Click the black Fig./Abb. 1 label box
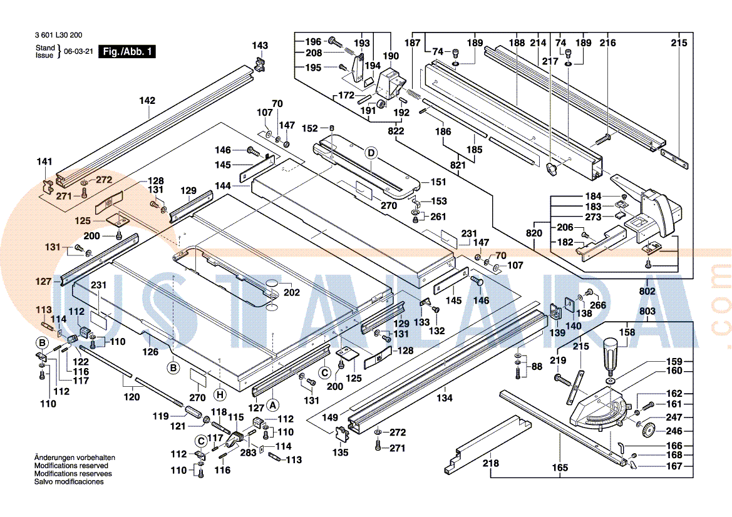click(x=128, y=52)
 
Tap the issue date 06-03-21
click(x=78, y=52)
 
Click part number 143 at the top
click(x=260, y=46)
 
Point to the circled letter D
click(x=371, y=153)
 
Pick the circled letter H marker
click(x=219, y=394)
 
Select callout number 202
click(x=292, y=292)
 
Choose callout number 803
click(x=647, y=312)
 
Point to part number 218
click(x=491, y=463)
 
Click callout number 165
click(x=560, y=468)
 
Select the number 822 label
click(x=396, y=131)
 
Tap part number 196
click(x=313, y=42)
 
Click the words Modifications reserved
click(x=71, y=466)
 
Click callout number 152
click(x=310, y=128)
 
